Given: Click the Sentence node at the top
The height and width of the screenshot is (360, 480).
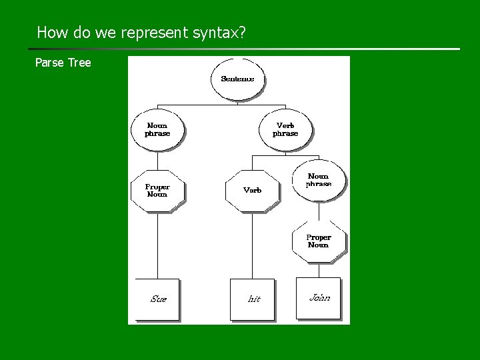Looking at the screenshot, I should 237,79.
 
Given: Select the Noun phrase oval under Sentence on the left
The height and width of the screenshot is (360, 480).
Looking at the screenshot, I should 157,129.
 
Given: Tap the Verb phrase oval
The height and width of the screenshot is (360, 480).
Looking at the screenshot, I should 285,129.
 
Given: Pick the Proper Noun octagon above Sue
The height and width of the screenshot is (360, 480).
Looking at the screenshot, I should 157,191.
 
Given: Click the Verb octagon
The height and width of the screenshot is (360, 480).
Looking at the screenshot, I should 253,191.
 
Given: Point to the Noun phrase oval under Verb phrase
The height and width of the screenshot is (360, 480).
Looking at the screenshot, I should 319,180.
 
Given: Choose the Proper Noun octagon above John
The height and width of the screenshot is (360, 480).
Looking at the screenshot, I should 319,241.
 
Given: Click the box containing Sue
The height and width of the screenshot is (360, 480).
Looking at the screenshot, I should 157,299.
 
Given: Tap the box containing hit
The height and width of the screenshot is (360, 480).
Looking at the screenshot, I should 253,299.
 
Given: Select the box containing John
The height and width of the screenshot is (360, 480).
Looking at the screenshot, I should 319,298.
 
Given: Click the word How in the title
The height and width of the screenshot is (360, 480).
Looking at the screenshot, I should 50,32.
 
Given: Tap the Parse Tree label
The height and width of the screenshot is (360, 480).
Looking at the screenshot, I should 63,63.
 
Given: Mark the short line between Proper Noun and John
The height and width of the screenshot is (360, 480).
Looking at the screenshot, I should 319,269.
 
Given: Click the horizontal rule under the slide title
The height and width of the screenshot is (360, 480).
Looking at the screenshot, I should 244,49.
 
